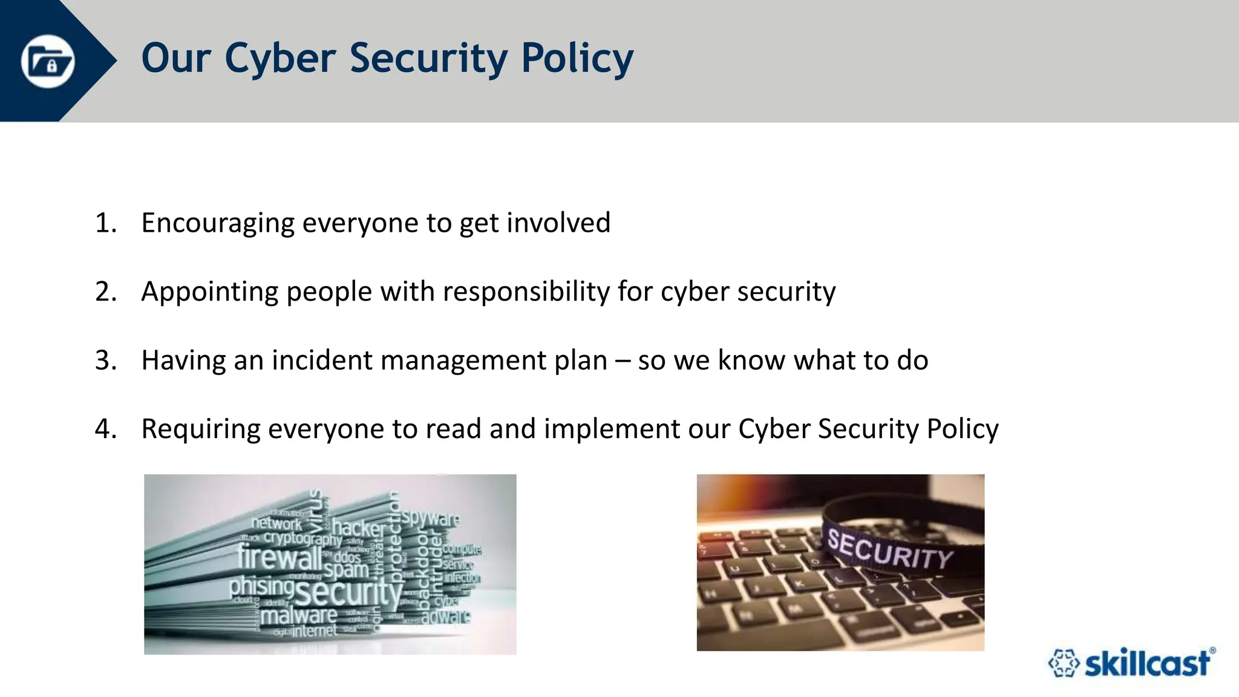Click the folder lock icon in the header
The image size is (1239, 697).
[x=48, y=61]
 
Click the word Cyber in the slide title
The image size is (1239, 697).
[x=280, y=59]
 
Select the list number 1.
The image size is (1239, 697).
[x=105, y=223]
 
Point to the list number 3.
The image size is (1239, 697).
[x=105, y=360]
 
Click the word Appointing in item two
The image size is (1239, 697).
[x=209, y=292]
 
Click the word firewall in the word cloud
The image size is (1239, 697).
[x=279, y=557]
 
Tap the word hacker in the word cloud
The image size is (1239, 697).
[x=359, y=528]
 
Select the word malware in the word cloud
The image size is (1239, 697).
[x=299, y=616]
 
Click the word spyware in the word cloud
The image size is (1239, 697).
[x=431, y=518]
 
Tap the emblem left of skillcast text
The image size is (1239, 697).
[x=1063, y=663]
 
